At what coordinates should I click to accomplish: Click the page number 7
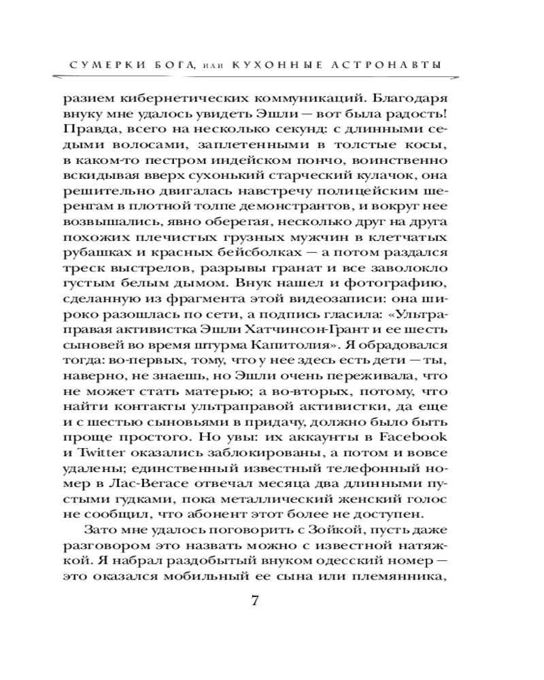point(256,601)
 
